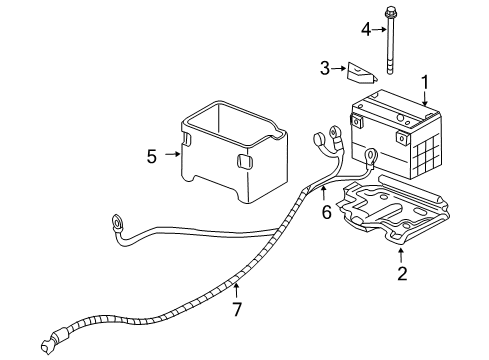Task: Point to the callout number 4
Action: tap(365, 29)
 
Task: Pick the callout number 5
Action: tap(152, 155)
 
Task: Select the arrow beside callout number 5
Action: tap(174, 155)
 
